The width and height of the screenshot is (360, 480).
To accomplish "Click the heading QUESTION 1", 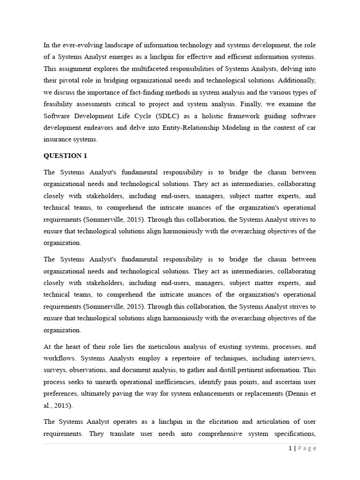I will click(65, 156).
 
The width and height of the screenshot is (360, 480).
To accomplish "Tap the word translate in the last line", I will click(123, 434).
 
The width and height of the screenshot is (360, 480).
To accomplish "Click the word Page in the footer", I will click(307, 449).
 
